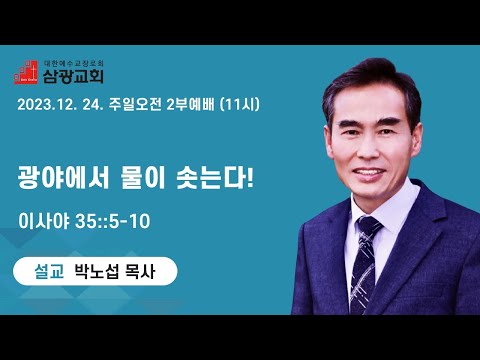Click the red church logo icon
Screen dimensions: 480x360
click(26, 72)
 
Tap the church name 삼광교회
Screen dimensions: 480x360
click(73, 76)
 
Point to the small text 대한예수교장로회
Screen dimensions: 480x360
click(74, 63)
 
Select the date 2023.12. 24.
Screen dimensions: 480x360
click(60, 105)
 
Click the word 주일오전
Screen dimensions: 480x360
click(135, 105)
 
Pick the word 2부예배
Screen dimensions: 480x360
click(190, 105)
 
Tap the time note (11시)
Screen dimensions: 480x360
click(240, 105)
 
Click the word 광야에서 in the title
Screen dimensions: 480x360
click(63, 178)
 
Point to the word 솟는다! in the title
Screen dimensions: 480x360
click(215, 178)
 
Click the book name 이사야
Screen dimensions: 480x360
click(44, 221)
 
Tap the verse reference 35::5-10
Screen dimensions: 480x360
click(113, 221)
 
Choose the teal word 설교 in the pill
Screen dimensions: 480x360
click(49, 271)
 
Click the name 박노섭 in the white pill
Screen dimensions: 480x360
click(96, 271)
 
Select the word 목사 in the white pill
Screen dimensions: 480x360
click(140, 271)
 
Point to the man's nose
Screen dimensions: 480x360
click(370, 148)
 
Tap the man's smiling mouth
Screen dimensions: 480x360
click(369, 172)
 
